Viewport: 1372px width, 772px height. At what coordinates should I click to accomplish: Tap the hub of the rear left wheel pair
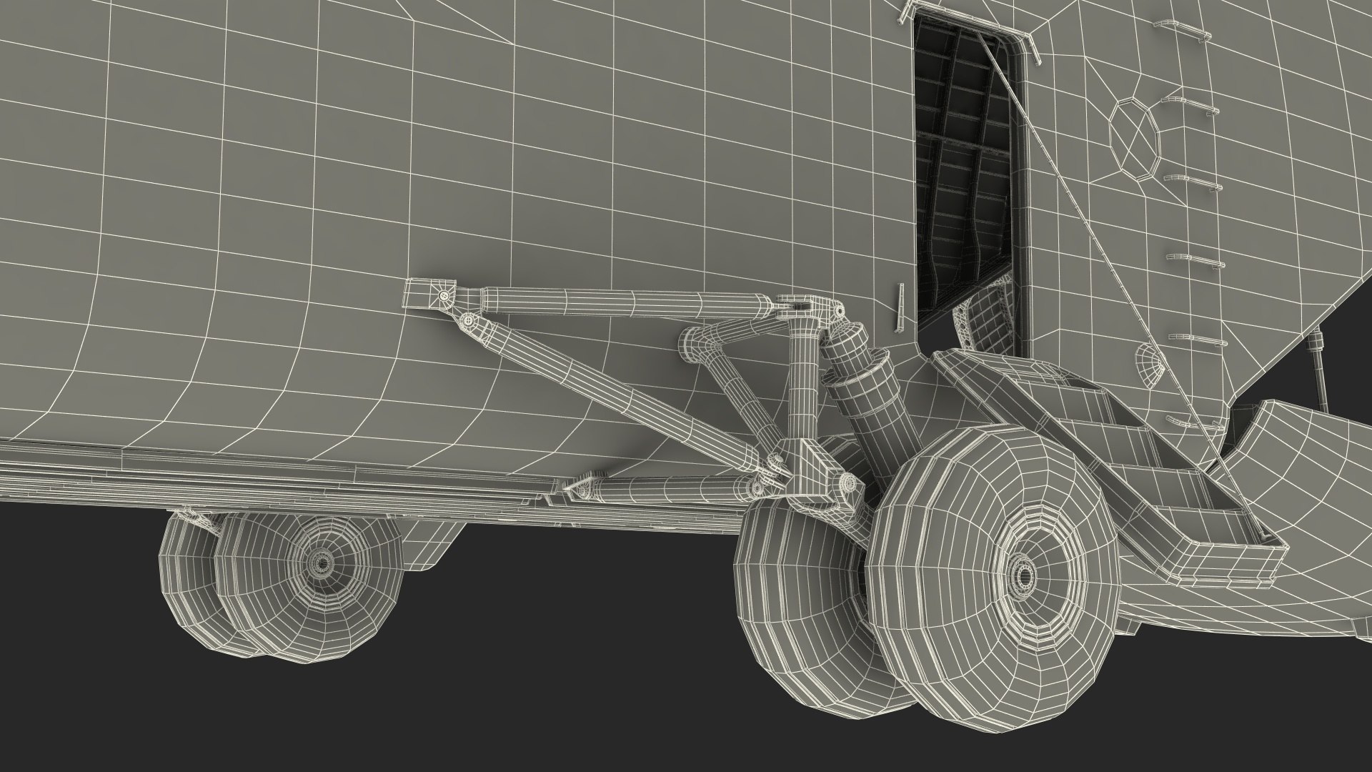(x=319, y=563)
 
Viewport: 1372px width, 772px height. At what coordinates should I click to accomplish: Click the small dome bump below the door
(x=1149, y=363)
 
